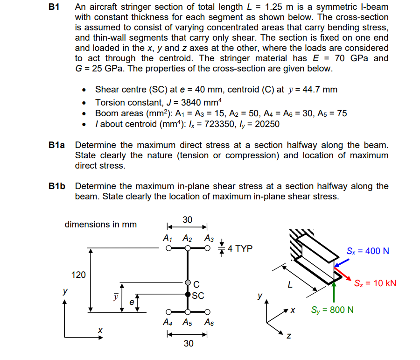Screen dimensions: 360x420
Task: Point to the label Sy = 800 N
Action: coord(332,310)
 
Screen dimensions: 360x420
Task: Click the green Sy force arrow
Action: coord(334,292)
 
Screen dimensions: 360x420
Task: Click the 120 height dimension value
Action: coord(78,275)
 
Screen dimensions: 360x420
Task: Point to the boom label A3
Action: coord(209,238)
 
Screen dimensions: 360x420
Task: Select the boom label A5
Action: coord(187,322)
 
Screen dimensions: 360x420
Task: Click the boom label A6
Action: coord(209,322)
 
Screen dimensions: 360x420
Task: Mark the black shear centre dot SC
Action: coord(188,294)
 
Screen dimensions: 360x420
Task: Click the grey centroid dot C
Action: coord(188,283)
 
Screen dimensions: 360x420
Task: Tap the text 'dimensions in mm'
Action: coord(100,225)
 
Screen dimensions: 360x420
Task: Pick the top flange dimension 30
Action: coord(187,219)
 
